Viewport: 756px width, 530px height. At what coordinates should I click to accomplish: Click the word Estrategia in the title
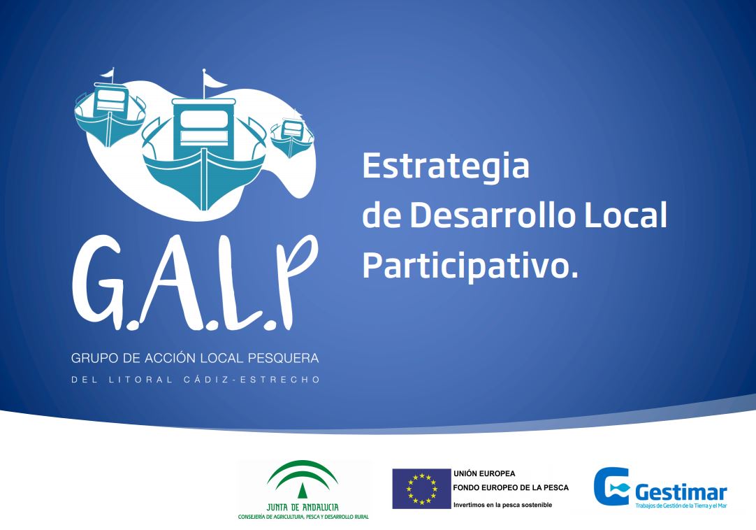(446, 166)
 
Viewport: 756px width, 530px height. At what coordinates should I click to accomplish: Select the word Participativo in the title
(465, 266)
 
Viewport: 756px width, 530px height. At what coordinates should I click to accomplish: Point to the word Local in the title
(626, 215)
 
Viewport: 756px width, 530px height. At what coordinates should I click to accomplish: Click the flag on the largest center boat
(214, 80)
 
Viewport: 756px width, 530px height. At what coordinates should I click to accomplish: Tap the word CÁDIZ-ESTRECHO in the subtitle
(252, 380)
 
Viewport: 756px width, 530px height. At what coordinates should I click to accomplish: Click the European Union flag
(421, 489)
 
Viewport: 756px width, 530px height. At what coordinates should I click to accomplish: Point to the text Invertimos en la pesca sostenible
(502, 505)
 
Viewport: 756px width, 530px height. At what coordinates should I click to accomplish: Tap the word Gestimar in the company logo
(681, 493)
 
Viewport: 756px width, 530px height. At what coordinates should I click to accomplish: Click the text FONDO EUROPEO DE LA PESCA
(511, 488)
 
